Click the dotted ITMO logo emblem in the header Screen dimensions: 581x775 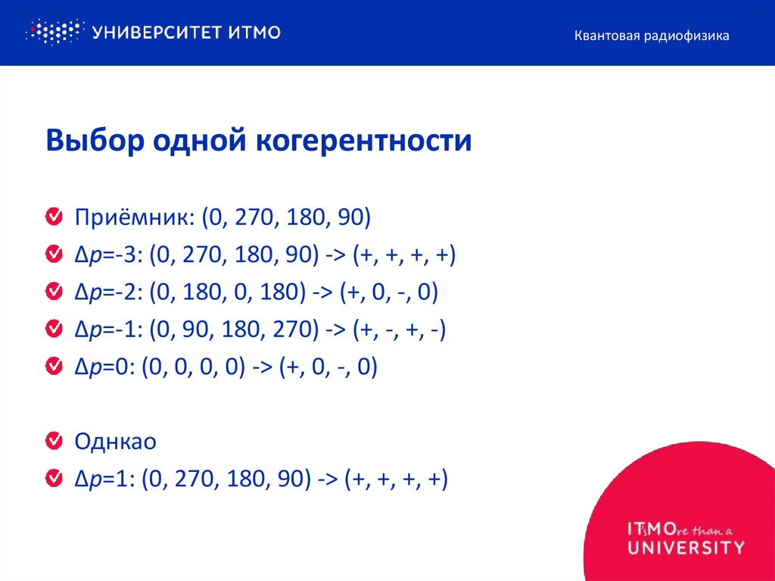(53, 32)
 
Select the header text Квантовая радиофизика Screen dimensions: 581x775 (651, 36)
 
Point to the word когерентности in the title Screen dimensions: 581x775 (363, 142)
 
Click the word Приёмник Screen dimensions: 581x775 (134, 219)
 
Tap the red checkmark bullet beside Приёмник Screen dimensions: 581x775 (54, 218)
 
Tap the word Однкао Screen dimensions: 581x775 (115, 442)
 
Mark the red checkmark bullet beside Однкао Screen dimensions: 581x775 (54, 441)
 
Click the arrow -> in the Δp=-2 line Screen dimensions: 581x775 (322, 293)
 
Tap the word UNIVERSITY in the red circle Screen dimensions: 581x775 (686, 546)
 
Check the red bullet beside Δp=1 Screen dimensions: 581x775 (54, 479)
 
